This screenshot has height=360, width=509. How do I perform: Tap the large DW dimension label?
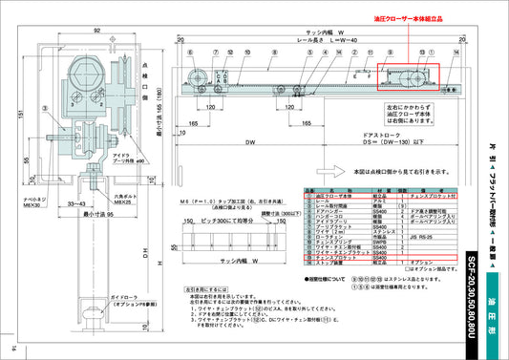point(246,142)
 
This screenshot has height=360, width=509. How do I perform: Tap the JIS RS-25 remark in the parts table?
point(422,236)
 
